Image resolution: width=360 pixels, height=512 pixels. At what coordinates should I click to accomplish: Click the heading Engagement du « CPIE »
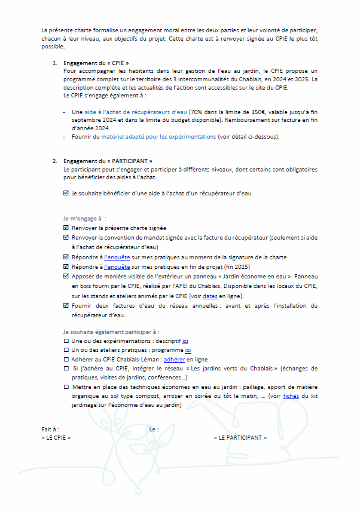point(96,63)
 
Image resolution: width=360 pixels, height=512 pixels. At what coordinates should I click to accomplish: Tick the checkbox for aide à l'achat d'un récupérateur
point(66,194)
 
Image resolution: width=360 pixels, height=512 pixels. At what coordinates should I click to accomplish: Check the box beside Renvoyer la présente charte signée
point(66,228)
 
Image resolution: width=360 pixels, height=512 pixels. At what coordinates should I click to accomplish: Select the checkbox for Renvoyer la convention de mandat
point(66,237)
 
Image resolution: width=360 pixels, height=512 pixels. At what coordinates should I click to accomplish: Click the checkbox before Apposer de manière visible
point(66,277)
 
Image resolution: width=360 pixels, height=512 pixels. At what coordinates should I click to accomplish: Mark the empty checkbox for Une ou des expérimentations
point(66,341)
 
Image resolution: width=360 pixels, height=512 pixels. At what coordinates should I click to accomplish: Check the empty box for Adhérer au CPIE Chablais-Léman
point(66,360)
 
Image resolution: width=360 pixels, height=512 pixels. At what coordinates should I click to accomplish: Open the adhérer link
point(174,360)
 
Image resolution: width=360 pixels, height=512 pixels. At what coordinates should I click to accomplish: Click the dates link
point(209,296)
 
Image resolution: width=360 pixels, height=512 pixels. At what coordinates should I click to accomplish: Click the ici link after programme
point(188,350)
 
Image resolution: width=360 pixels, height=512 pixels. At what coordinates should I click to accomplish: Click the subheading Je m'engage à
point(81,218)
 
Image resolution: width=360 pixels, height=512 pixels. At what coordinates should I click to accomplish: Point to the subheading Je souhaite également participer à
point(111,330)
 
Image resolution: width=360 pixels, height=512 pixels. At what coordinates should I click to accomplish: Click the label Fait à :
point(50,429)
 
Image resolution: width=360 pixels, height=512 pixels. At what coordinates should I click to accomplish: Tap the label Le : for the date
point(154,429)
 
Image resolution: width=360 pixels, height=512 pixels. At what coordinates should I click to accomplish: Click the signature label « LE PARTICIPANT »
point(240,437)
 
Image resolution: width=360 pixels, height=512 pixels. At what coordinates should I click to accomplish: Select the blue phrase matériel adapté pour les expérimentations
point(158,137)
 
